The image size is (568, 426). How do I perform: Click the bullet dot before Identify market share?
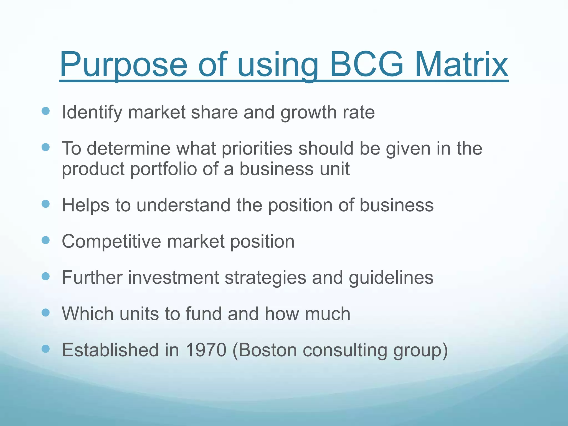(45, 111)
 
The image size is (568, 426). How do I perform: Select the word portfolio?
(163, 169)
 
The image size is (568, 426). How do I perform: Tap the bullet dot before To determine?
(45, 147)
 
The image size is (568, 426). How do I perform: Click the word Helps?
(85, 206)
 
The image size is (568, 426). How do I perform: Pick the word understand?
(183, 206)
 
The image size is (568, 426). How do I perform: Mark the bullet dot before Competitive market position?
(45, 240)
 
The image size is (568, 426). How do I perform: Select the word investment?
(174, 278)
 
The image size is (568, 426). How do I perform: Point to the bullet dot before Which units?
(45, 313)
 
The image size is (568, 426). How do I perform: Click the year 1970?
(206, 350)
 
